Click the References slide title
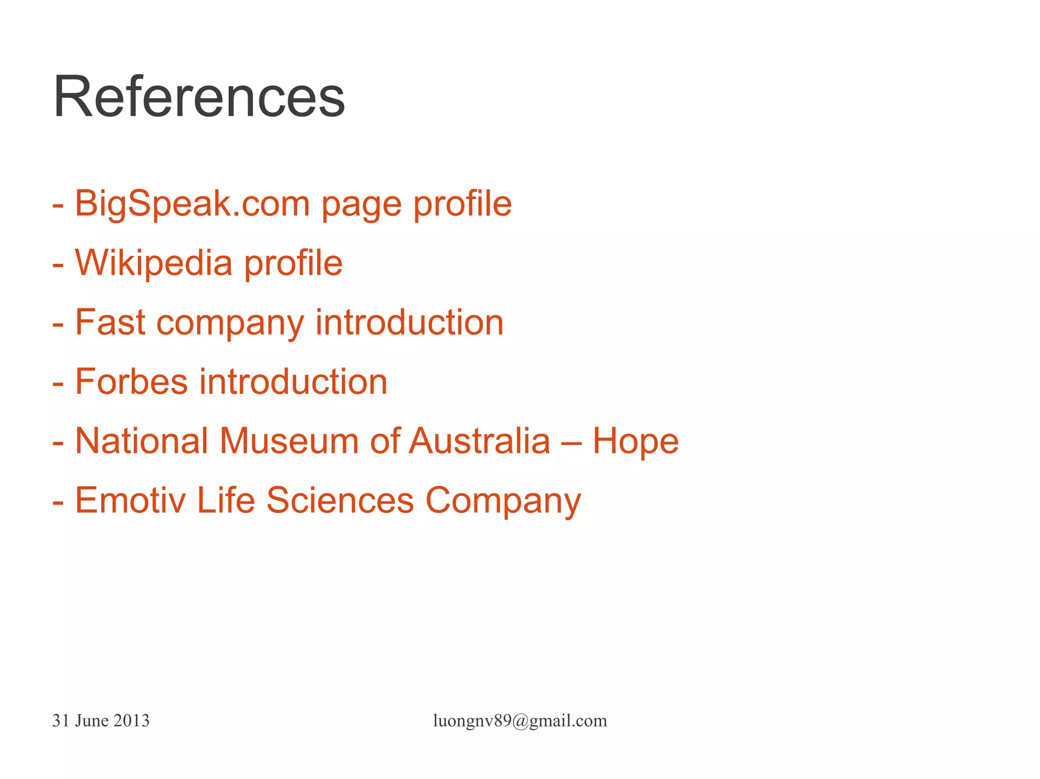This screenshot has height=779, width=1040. (199, 96)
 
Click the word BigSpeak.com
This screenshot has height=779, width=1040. (192, 204)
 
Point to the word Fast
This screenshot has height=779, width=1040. (110, 323)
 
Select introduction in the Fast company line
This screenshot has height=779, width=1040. (409, 323)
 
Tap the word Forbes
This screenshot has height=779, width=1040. (131, 382)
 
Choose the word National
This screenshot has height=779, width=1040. (141, 441)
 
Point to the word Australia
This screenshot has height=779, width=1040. (479, 441)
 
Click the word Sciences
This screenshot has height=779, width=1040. (340, 500)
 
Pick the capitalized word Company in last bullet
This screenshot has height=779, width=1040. (503, 501)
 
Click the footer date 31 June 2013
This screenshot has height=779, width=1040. (101, 721)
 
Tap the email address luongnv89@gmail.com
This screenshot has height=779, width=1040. (519, 721)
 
